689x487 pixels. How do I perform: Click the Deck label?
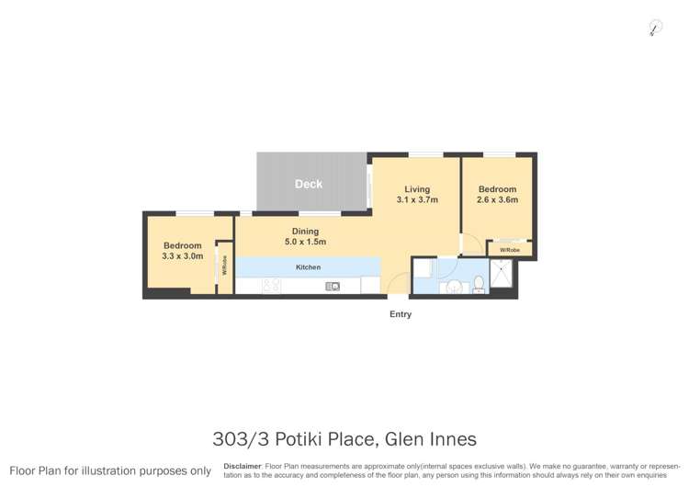click(x=309, y=184)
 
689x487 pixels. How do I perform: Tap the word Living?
click(x=417, y=189)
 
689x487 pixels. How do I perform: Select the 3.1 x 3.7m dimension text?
click(x=417, y=199)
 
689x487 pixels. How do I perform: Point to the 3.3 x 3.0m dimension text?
click(x=182, y=256)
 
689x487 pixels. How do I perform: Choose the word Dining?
click(x=305, y=232)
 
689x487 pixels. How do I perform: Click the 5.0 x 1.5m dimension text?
click(x=305, y=243)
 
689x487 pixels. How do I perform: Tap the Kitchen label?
click(x=308, y=266)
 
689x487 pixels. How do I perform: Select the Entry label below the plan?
click(x=401, y=314)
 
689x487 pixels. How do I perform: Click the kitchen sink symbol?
click(x=333, y=287)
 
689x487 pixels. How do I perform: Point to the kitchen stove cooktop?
click(x=271, y=287)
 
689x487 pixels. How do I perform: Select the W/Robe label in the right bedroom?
click(x=510, y=250)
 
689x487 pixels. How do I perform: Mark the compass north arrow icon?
click(x=655, y=28)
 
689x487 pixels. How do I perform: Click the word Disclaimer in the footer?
click(x=243, y=467)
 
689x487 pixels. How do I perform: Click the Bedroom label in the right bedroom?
click(x=497, y=189)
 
